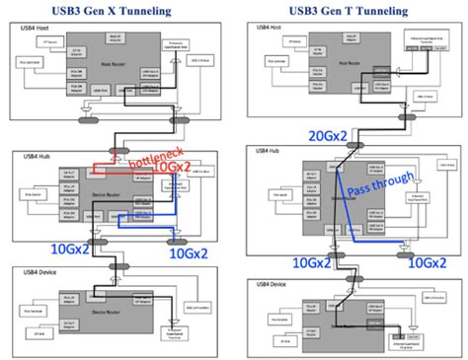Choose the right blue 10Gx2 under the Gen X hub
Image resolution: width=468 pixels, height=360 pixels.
click(x=189, y=253)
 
